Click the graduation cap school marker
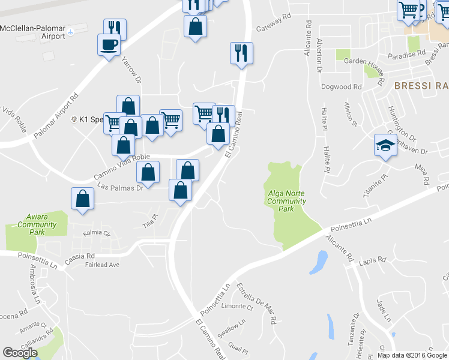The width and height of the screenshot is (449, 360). click(x=385, y=145)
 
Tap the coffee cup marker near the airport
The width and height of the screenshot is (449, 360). click(x=109, y=45)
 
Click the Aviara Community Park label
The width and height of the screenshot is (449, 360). click(x=37, y=224)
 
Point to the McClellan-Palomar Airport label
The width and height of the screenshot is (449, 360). click(x=32, y=32)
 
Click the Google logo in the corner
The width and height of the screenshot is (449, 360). click(x=20, y=353)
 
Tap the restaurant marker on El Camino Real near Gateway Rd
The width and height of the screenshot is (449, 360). click(x=241, y=53)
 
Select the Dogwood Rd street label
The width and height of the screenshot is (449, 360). click(x=341, y=86)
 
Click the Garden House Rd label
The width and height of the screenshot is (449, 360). click(x=363, y=61)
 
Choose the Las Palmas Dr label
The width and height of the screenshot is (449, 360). click(x=118, y=187)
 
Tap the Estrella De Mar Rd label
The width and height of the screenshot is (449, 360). click(x=256, y=303)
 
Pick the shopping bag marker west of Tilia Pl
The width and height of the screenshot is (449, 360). click(x=83, y=199)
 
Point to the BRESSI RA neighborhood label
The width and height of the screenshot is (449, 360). click(x=421, y=86)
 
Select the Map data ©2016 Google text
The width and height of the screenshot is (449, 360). click(x=412, y=355)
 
